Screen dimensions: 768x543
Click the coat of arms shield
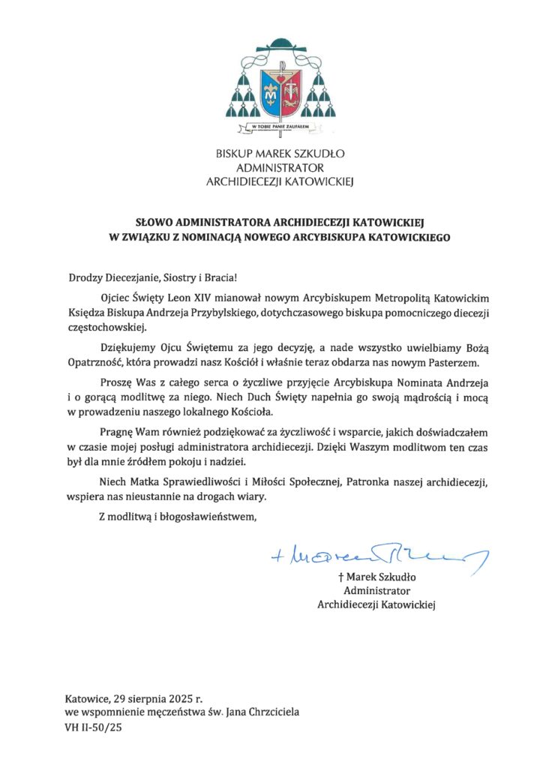[280, 91]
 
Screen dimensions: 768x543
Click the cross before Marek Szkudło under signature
[341, 577]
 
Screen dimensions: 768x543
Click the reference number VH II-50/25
[93, 726]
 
